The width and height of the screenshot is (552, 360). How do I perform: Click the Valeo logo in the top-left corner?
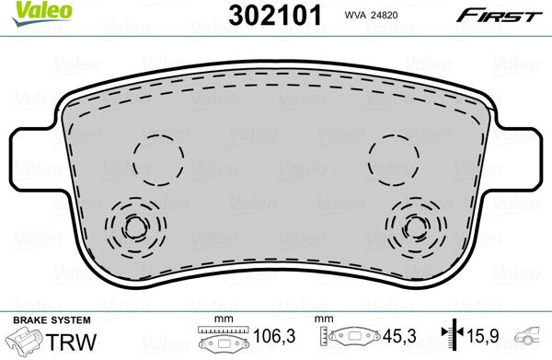(x=41, y=13)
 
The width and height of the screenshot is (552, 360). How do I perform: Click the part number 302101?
(x=275, y=16)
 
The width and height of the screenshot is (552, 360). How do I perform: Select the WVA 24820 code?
(x=371, y=15)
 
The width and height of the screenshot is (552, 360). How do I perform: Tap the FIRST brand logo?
(x=500, y=16)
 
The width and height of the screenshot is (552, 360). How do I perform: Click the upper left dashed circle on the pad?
(x=158, y=159)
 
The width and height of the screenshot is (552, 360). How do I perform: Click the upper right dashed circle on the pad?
(x=394, y=159)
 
